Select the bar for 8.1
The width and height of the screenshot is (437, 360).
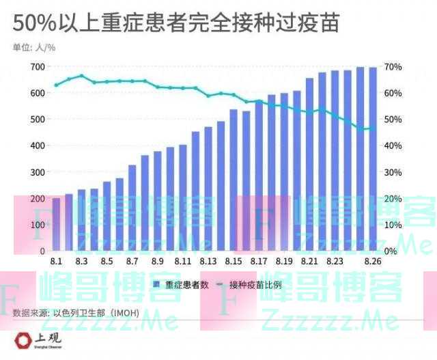pyautogui.click(x=56, y=225)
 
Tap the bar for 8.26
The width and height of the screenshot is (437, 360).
pyautogui.click(x=373, y=159)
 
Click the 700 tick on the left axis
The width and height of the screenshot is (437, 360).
pyautogui.click(x=37, y=67)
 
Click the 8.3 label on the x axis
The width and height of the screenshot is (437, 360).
pyautogui.click(x=81, y=262)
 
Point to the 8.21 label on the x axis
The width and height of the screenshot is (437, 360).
pyautogui.click(x=309, y=262)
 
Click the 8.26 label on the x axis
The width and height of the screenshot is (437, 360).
pyautogui.click(x=373, y=262)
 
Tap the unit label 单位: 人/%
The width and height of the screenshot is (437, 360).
pyautogui.click(x=35, y=48)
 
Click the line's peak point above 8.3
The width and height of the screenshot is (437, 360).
pyautogui.click(x=81, y=76)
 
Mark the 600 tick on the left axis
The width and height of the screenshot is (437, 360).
pyautogui.click(x=37, y=93)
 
